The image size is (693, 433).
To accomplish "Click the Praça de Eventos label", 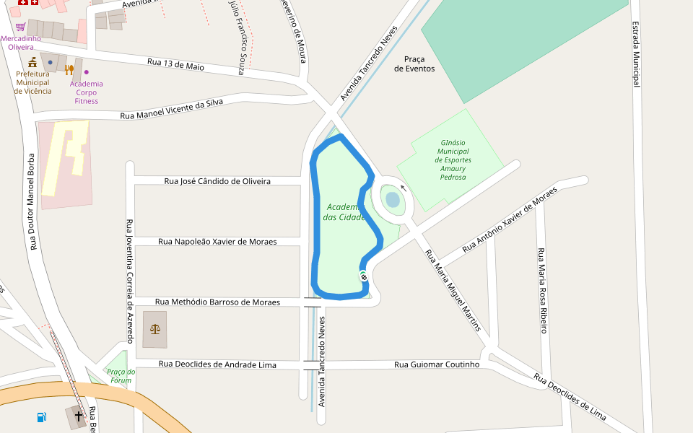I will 414,64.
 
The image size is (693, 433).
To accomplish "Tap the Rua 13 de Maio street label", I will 175,64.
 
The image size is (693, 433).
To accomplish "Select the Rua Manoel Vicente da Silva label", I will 172,110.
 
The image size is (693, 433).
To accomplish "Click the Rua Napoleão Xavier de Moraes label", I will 217,242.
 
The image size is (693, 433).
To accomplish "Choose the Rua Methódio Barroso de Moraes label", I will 217,302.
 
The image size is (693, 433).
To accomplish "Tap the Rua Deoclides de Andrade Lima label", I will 217,365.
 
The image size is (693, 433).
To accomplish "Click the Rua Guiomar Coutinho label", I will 437,364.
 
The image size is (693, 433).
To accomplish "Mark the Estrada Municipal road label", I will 636,54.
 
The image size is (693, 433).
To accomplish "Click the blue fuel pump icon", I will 41,417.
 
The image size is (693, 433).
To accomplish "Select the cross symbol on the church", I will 79,416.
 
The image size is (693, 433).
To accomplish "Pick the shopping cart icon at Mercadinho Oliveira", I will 21,27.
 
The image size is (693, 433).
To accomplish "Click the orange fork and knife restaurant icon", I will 69,70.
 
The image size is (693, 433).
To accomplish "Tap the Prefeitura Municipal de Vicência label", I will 33,82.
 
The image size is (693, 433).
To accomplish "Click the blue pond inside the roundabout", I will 393,199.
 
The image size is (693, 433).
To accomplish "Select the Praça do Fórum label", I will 121,376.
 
